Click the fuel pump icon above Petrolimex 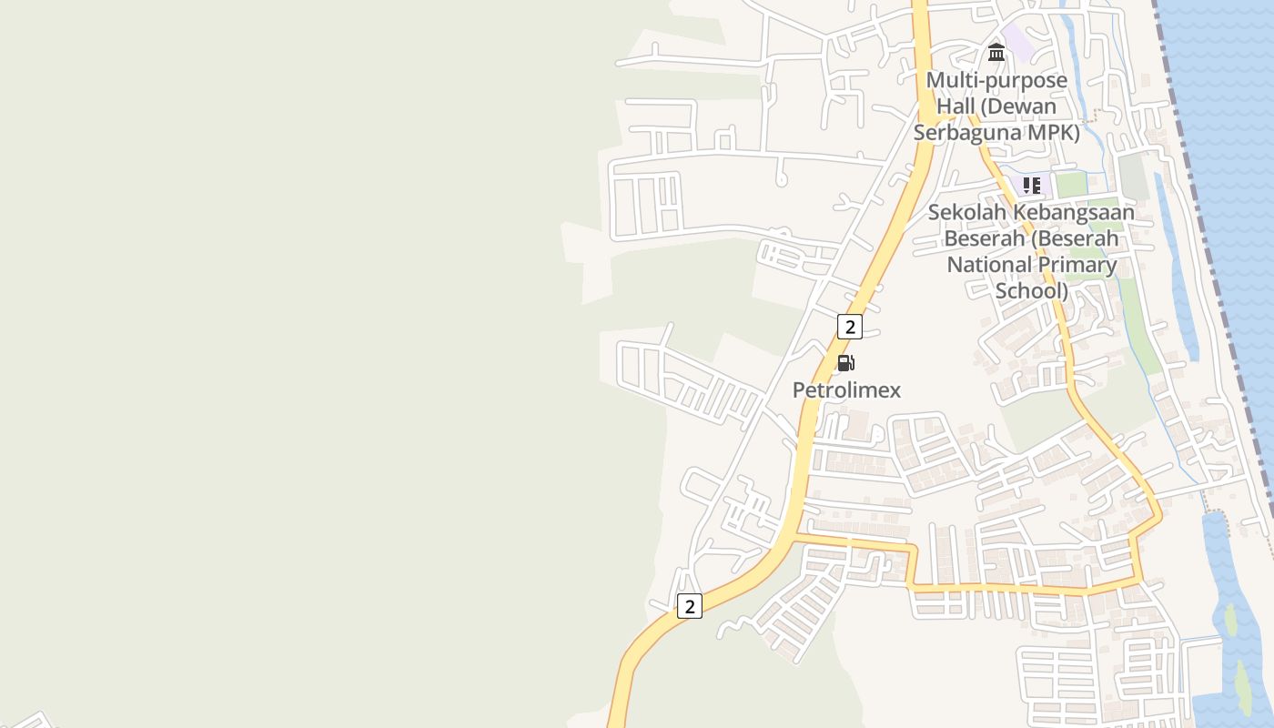click(x=845, y=363)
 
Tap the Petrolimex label click(x=846, y=390)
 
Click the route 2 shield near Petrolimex click(x=849, y=326)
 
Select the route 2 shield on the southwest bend click(x=690, y=606)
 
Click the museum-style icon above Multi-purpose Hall click(x=996, y=53)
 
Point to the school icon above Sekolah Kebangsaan click(x=1031, y=186)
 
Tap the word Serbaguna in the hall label click(x=961, y=133)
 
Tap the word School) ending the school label click(x=1032, y=291)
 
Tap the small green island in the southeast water click(x=1231, y=621)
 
